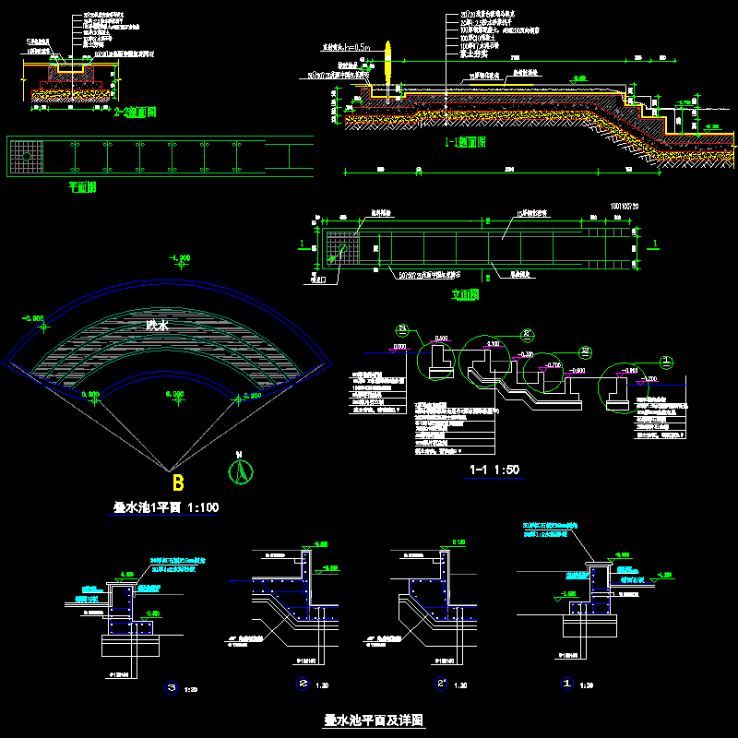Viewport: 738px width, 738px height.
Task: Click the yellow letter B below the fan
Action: [179, 482]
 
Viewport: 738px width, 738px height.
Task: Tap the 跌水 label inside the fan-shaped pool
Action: [158, 325]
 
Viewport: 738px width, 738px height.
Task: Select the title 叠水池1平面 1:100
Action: [166, 507]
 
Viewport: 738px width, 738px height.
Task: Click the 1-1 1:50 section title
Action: [494, 470]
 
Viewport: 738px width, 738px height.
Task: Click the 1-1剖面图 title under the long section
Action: [465, 142]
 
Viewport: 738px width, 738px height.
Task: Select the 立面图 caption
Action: [467, 295]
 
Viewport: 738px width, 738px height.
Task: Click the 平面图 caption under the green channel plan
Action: [83, 187]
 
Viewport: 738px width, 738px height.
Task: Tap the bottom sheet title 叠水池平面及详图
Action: [374, 720]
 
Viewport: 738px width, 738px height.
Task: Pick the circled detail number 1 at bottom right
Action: [569, 684]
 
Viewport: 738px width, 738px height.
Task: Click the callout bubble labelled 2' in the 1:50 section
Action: [528, 334]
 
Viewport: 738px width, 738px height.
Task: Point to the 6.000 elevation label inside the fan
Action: [175, 395]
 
